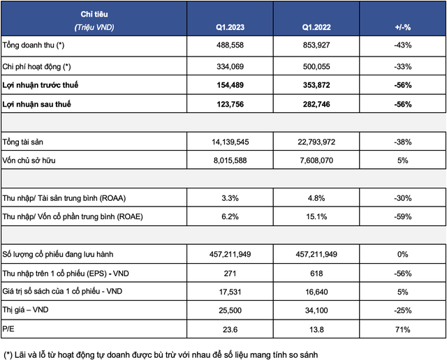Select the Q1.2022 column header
(316, 26)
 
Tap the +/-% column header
(402, 26)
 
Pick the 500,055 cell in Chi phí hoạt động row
(316, 66)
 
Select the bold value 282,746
(316, 105)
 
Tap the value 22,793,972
(316, 142)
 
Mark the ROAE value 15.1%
(316, 217)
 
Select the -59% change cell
(402, 217)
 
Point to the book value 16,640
(316, 291)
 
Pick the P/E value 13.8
(316, 328)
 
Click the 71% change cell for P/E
(402, 328)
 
